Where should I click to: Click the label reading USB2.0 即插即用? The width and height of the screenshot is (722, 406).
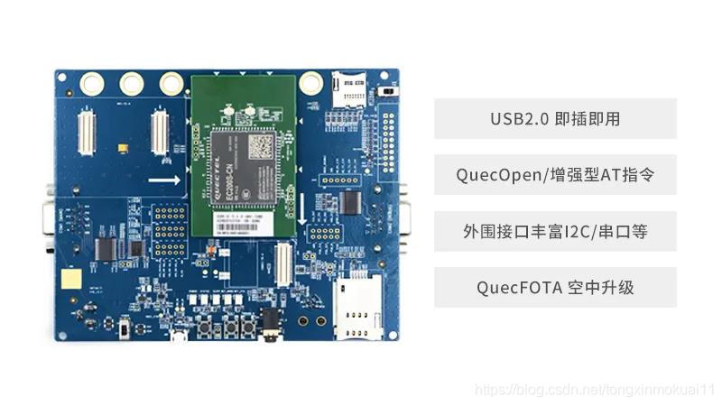[555, 118]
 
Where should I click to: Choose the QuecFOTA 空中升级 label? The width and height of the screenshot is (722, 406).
[555, 288]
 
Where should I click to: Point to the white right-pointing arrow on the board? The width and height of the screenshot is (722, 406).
[163, 180]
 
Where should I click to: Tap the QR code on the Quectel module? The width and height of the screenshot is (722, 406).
[260, 145]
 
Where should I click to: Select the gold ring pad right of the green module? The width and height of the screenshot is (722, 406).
[310, 85]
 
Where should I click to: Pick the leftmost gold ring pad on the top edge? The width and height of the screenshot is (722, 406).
[92, 84]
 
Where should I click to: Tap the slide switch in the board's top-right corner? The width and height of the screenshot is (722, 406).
[389, 91]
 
